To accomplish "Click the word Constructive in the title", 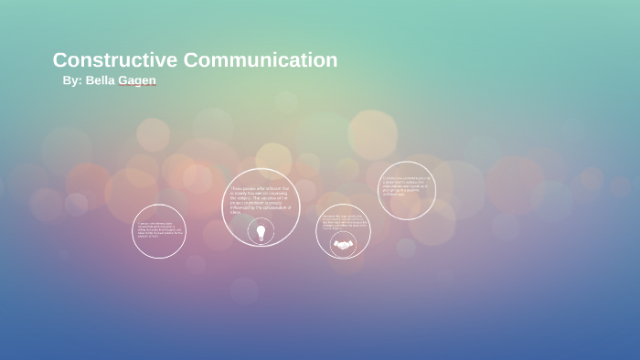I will (x=115, y=60).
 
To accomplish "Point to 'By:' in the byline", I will (x=72, y=80).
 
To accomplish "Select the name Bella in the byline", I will (x=100, y=80).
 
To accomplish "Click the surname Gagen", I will (x=137, y=80).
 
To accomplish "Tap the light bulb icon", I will (x=261, y=232).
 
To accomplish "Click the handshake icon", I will (x=343, y=244).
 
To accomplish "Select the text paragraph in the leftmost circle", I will (x=159, y=229).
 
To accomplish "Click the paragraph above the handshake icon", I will (x=342, y=221).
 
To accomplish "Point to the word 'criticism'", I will (x=272, y=188).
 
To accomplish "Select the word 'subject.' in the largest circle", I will (x=244, y=197).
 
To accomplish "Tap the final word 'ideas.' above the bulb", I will (x=235, y=212).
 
